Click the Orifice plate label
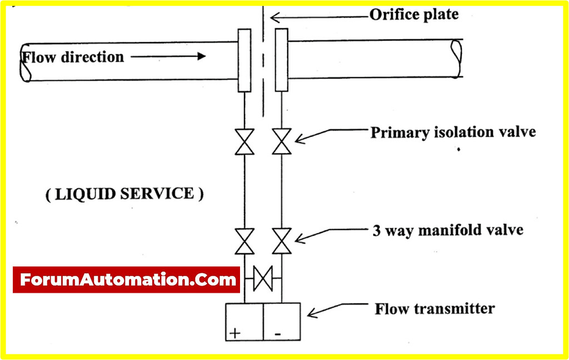point(414,14)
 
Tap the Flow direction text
point(72,57)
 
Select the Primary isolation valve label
point(453,133)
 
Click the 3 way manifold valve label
point(448,229)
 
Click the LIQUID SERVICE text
point(124,194)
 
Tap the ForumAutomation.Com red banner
point(127,280)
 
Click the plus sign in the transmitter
point(235,333)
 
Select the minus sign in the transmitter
point(278,333)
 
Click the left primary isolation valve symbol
point(244,142)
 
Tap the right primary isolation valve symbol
point(281,142)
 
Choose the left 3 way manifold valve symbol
point(244,240)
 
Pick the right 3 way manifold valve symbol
point(281,240)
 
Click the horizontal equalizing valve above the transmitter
point(262,278)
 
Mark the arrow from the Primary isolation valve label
point(330,135)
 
